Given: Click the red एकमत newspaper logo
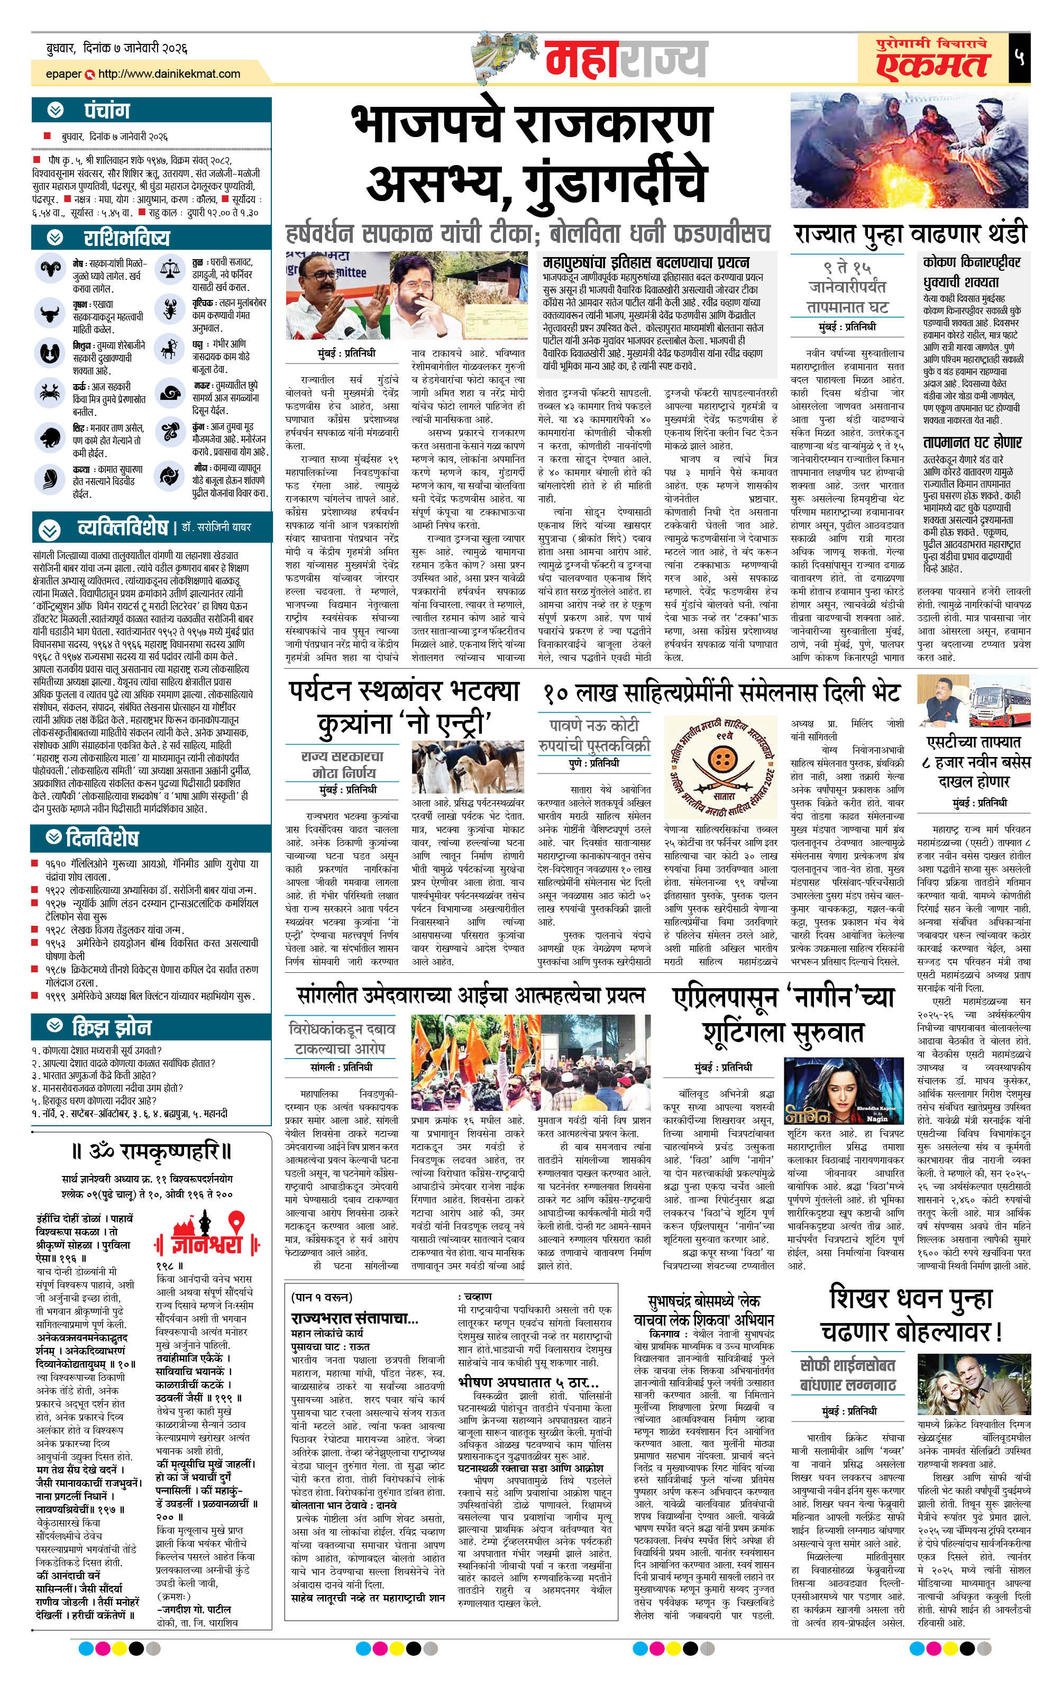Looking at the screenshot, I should pos(932,65).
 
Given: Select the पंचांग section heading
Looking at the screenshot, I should pos(106,111).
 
